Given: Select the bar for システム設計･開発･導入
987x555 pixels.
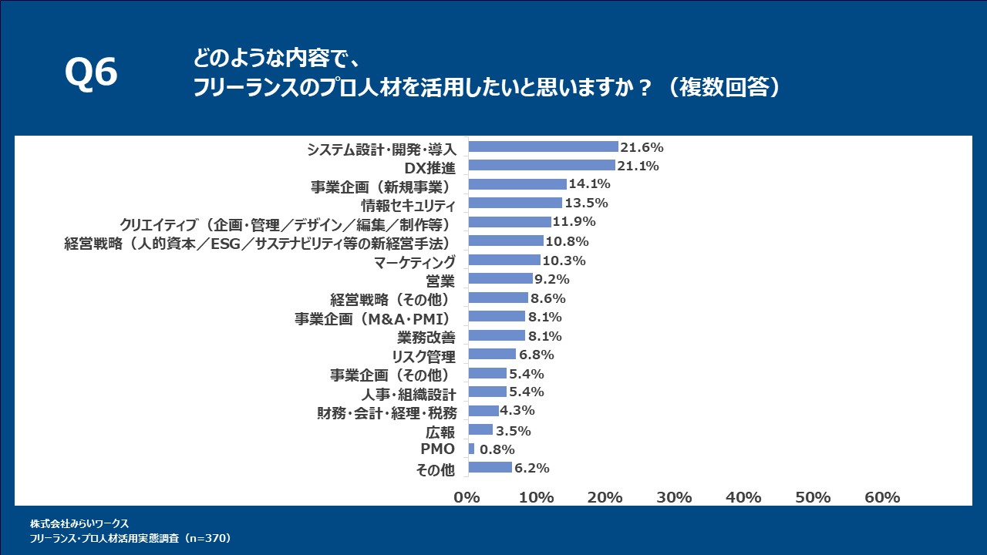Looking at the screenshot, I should coord(543,146).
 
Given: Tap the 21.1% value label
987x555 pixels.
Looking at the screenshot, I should coord(638,166).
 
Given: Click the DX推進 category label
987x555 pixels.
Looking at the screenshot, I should coord(430,167).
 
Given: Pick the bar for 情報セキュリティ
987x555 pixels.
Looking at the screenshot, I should coord(515,203).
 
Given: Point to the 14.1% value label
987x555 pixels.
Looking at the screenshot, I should coord(590,184).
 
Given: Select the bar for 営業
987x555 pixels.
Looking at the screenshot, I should coord(500,278).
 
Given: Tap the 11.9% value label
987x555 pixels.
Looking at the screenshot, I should coord(572,222).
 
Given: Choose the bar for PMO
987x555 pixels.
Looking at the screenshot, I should coord(471,449).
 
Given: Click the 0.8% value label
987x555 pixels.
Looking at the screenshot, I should coord(497,449).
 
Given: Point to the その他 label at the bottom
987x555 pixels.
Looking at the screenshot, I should coord(436,469).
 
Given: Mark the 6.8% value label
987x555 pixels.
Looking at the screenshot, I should coord(537,355).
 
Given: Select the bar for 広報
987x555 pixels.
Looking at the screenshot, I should coord(480,429).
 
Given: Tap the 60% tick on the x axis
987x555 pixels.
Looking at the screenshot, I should coord(882,497).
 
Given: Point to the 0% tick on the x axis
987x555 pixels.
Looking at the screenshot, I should coord(467,497).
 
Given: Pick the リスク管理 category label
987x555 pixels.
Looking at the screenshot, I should coord(423,356).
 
